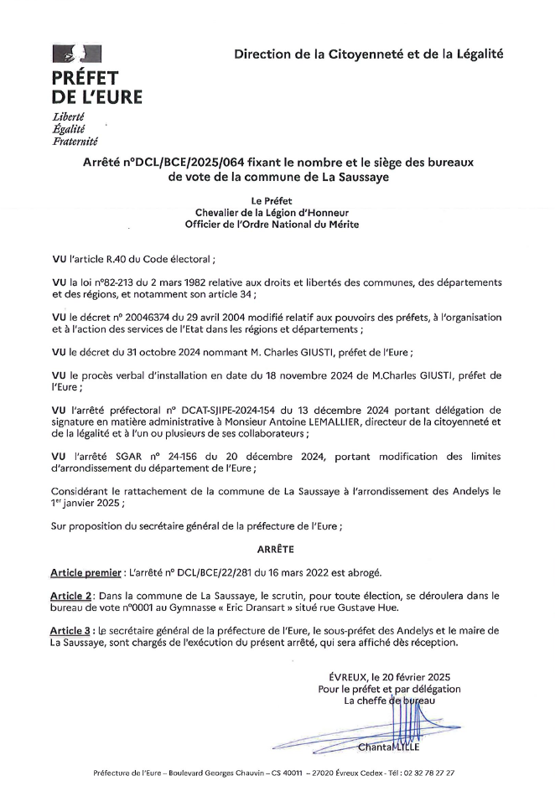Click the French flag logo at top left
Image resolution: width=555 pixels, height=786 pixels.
[x=76, y=55]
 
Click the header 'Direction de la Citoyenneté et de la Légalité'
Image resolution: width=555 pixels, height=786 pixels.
[x=369, y=54]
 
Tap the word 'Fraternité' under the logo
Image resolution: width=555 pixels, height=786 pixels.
[x=75, y=141]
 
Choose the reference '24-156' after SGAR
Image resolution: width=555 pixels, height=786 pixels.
[x=174, y=455]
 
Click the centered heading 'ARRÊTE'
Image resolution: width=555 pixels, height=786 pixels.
[x=277, y=549]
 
